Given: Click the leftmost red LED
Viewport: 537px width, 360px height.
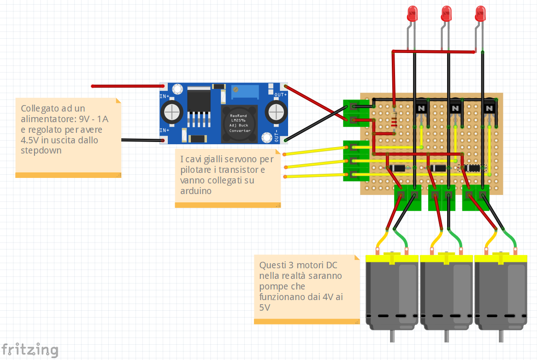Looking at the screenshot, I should click(x=412, y=13).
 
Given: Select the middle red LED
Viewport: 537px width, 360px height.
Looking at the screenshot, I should click(x=446, y=13).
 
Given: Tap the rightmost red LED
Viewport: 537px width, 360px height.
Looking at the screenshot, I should click(x=480, y=13).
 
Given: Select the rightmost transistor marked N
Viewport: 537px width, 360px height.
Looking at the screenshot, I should click(x=489, y=108).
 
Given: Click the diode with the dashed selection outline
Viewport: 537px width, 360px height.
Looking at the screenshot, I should click(x=472, y=168).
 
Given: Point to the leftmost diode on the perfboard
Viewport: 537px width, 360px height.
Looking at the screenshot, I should click(x=397, y=168).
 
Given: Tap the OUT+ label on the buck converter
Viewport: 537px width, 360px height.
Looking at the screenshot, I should click(x=281, y=94).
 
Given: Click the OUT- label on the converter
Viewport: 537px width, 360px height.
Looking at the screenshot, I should click(x=277, y=137).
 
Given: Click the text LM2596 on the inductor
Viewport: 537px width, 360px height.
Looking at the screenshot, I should click(x=240, y=120).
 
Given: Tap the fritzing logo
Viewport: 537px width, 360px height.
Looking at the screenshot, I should click(x=30, y=349).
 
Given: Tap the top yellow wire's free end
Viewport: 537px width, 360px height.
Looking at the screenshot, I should click(x=285, y=154).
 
